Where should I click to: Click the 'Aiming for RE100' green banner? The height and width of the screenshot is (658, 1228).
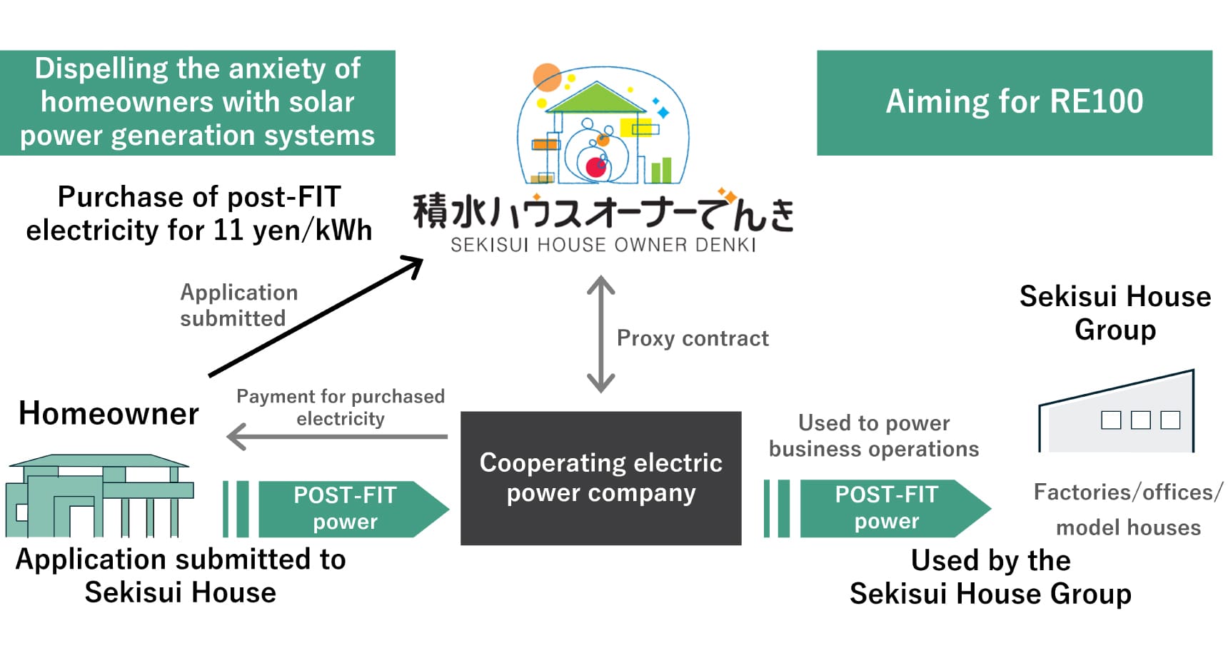[1014, 103]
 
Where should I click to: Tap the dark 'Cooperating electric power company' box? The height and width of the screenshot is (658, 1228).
[600, 477]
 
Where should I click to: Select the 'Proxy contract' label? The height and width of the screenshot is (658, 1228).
[693, 338]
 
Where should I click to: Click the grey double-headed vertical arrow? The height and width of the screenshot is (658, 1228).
[600, 334]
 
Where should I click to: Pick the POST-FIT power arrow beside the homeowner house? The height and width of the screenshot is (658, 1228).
[346, 508]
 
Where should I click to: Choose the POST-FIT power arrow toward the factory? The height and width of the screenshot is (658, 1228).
[887, 508]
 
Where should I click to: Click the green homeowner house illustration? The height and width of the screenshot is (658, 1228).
[100, 496]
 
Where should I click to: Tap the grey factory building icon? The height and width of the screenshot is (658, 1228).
[1117, 414]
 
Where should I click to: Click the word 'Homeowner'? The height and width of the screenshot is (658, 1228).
[109, 414]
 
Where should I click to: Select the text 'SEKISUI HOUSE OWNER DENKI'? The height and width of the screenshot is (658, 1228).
[603, 246]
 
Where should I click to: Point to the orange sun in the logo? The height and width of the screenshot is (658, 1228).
[548, 78]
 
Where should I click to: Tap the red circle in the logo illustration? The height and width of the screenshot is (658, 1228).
[595, 168]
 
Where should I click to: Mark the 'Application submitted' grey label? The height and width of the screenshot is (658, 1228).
[238, 305]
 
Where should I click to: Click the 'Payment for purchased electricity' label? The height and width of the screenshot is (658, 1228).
[341, 408]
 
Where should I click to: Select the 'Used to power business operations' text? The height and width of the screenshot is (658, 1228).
[874, 436]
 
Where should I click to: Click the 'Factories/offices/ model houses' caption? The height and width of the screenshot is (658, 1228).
[1128, 510]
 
